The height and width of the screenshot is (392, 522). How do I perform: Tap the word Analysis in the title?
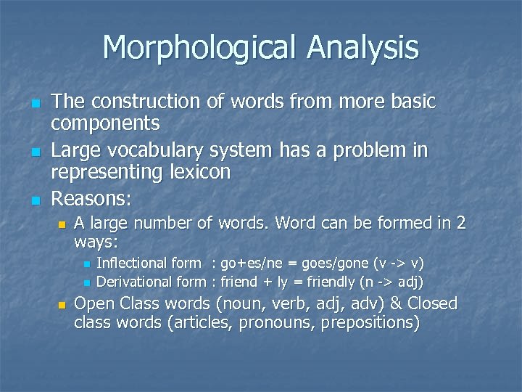362,49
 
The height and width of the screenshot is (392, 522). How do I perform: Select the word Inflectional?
131,263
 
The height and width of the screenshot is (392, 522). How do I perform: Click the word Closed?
433,303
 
